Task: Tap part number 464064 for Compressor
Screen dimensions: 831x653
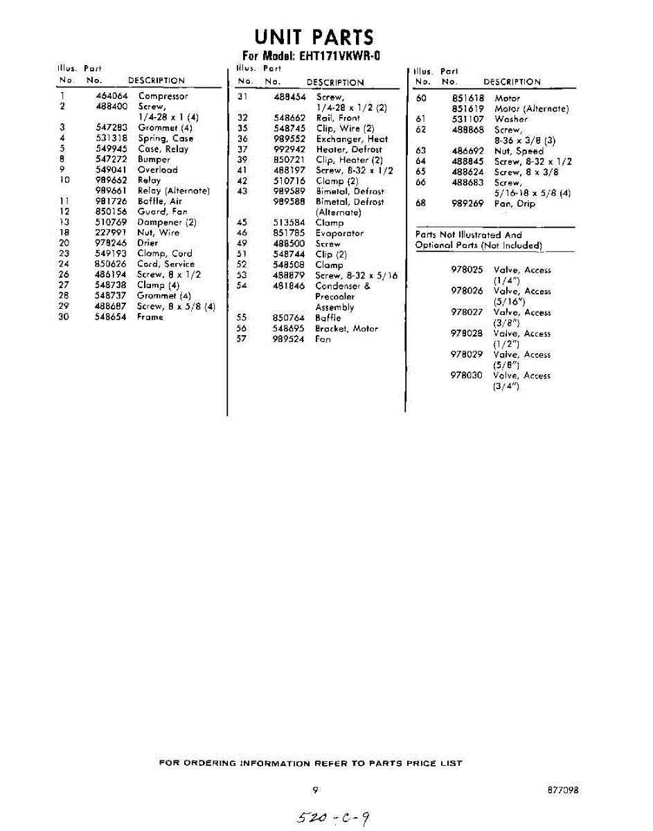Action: [x=111, y=96]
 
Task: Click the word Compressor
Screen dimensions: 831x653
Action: [x=163, y=96]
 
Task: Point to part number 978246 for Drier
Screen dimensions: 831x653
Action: [x=111, y=243]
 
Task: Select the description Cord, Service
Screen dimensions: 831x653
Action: [x=166, y=264]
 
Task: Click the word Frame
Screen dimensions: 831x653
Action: [x=150, y=316]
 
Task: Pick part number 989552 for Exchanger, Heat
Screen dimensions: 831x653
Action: [x=289, y=138]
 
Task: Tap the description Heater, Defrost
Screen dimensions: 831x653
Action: [x=348, y=149]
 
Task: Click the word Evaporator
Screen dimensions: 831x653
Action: [x=339, y=233]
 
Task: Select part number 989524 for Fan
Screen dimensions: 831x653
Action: [x=289, y=339]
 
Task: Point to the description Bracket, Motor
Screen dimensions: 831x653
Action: [x=346, y=328]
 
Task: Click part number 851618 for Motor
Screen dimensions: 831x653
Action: [x=468, y=98]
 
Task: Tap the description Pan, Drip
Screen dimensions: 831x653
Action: [x=514, y=204]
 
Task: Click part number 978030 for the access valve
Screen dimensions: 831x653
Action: [x=467, y=375]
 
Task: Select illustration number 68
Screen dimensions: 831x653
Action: [x=420, y=204]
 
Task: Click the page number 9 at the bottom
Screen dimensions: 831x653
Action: [x=315, y=789]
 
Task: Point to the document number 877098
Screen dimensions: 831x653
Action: [x=562, y=789]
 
